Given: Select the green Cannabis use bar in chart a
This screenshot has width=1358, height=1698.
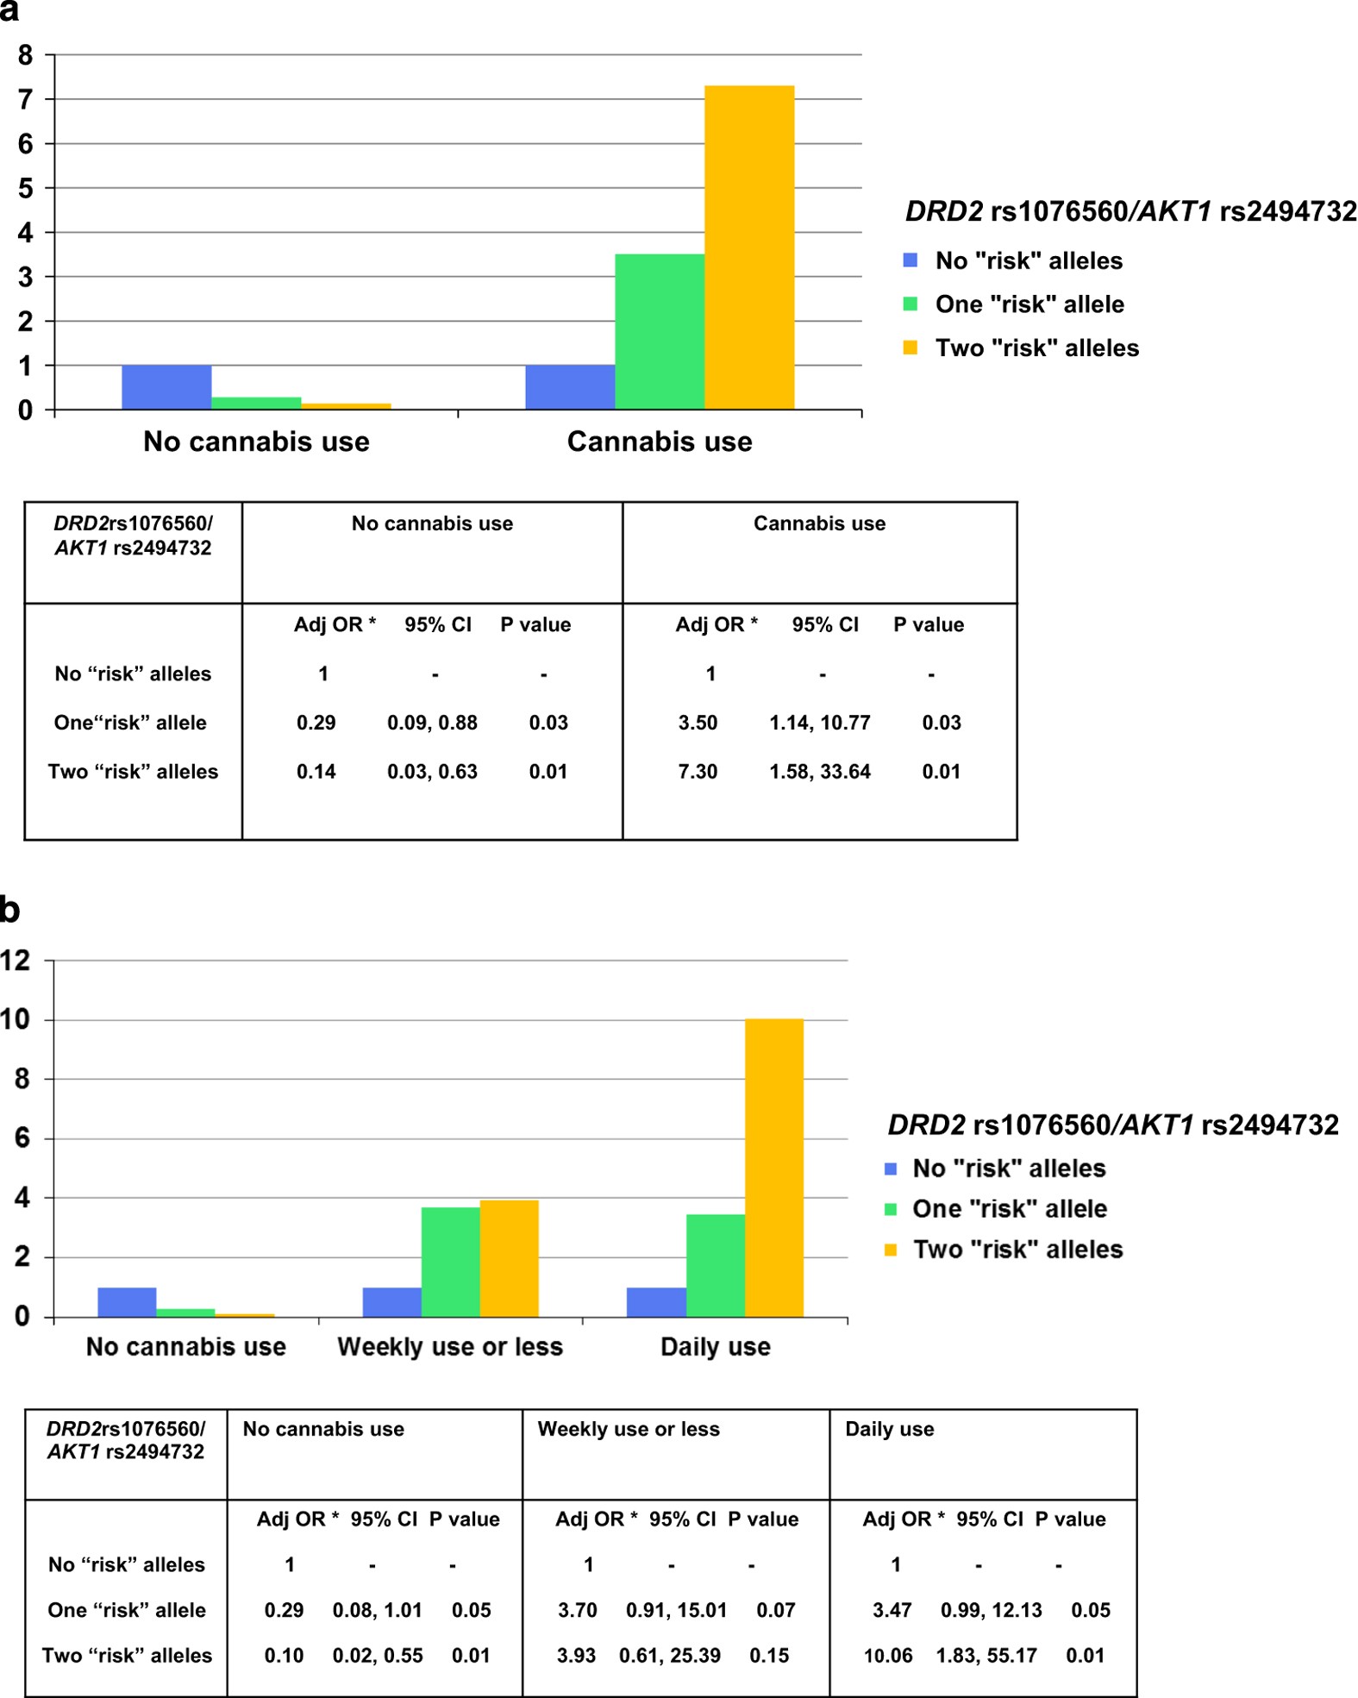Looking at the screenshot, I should (660, 331).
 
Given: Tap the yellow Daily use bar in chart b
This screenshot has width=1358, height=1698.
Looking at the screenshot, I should (774, 1168).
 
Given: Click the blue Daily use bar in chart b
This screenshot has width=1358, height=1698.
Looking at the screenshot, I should (656, 1302).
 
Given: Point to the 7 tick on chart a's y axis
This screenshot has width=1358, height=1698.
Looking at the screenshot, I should (26, 99).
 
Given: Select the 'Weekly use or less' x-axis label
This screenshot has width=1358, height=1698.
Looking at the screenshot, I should (450, 1347).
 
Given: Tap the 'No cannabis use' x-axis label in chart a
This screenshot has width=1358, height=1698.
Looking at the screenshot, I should (256, 442).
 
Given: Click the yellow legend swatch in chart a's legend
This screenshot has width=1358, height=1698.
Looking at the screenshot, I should (910, 348).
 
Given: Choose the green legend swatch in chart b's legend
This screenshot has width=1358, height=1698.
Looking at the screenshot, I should (891, 1209).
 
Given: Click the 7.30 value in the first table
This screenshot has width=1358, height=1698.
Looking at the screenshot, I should (698, 772).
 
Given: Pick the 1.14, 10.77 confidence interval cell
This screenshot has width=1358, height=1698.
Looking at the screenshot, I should (820, 723).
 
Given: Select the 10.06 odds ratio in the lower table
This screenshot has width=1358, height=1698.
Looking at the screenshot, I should (888, 1656).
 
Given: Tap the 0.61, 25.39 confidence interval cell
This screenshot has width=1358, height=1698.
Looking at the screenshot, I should (670, 1656).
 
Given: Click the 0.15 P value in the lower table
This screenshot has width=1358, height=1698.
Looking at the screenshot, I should (769, 1656).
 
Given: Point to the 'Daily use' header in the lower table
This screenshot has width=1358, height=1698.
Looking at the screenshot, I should (889, 1429).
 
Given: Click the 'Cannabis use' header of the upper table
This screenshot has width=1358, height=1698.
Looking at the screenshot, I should (819, 523).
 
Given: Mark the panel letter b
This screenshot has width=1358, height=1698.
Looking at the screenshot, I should (9, 910).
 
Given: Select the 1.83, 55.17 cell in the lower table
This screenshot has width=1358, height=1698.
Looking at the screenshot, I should (986, 1656).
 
